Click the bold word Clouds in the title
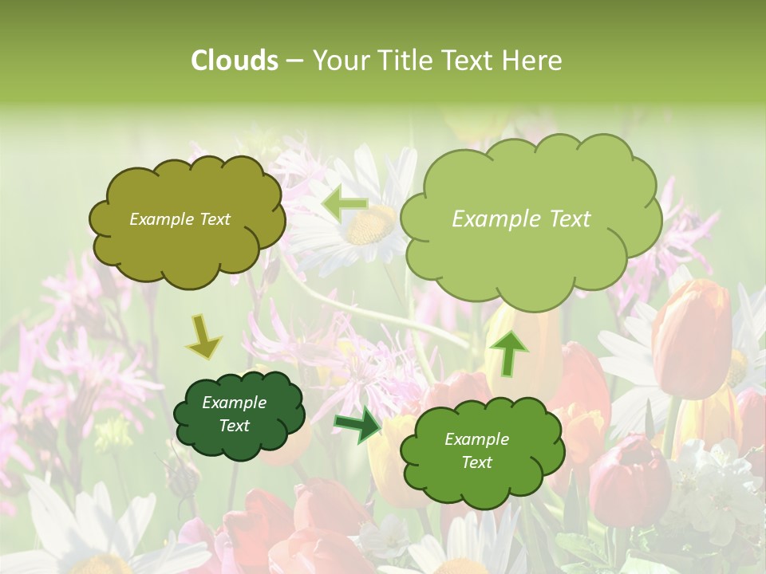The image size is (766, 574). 234,61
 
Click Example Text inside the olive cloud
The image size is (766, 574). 180,219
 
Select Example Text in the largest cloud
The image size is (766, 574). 521,219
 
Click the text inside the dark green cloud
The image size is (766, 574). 234,415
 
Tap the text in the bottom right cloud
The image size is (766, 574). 476,450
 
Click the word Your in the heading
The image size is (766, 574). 335,61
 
